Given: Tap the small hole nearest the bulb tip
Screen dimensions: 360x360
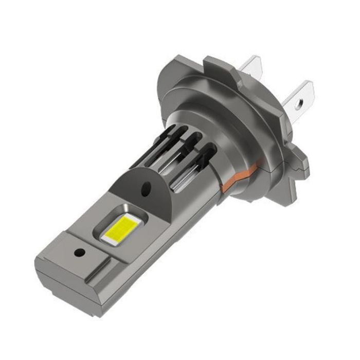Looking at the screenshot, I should (79, 253).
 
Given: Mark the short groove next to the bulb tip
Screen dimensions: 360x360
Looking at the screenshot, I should (103, 270).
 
